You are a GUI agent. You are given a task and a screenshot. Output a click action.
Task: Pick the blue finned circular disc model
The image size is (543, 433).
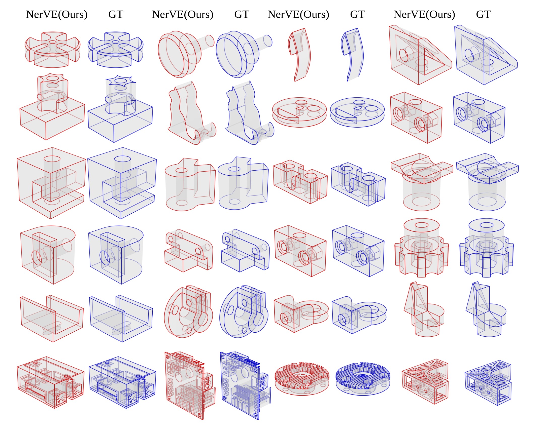[363, 379]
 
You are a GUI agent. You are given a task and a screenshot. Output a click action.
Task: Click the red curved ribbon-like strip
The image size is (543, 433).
[300, 54]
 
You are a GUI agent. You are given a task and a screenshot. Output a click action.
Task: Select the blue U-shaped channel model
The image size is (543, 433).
[121, 318]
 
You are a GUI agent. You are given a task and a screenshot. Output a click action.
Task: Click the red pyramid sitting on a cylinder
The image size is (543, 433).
[423, 309]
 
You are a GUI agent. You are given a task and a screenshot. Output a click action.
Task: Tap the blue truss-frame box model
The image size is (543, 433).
[488, 382]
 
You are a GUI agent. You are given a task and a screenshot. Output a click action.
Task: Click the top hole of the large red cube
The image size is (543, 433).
[52, 159]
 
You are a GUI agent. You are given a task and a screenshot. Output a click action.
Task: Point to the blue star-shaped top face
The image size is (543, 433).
[121, 81]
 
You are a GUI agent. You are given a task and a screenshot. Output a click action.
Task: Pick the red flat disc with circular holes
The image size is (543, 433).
[299, 112]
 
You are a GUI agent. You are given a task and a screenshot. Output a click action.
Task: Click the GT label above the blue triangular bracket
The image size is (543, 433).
[483, 14]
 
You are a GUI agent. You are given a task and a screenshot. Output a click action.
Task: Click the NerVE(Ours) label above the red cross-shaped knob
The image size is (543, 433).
[57, 14]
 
